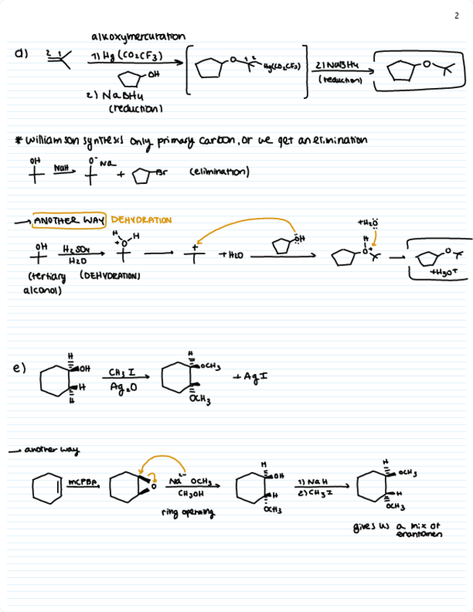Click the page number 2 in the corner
tap(457, 15)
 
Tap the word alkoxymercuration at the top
tap(138, 37)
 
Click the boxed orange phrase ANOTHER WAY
tap(70, 219)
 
